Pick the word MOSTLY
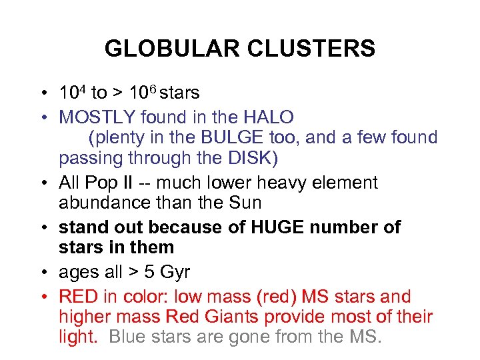click(97, 117)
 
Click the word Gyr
click(174, 272)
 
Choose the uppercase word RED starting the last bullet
click(79, 297)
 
